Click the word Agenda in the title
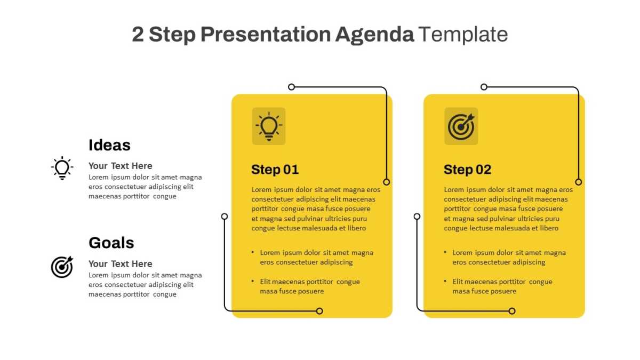[x=374, y=35]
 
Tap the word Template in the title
[x=463, y=34]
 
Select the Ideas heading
[x=109, y=145]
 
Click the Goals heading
[x=111, y=243]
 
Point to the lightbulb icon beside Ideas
[x=62, y=168]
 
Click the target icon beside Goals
[x=62, y=267]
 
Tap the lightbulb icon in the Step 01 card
[x=269, y=126]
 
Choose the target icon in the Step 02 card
[x=461, y=126]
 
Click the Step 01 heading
[x=275, y=170]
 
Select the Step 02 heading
[x=467, y=170]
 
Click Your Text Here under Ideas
[x=121, y=166]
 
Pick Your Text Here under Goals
[x=121, y=263]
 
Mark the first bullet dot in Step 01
[x=253, y=252]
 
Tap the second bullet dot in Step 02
[x=445, y=281]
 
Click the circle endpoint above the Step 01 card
[x=291, y=87]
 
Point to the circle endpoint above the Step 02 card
[x=484, y=87]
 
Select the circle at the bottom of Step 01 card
[x=319, y=311]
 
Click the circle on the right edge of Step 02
[x=579, y=182]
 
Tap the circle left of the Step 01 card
[x=225, y=217]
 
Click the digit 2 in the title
[x=138, y=35]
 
